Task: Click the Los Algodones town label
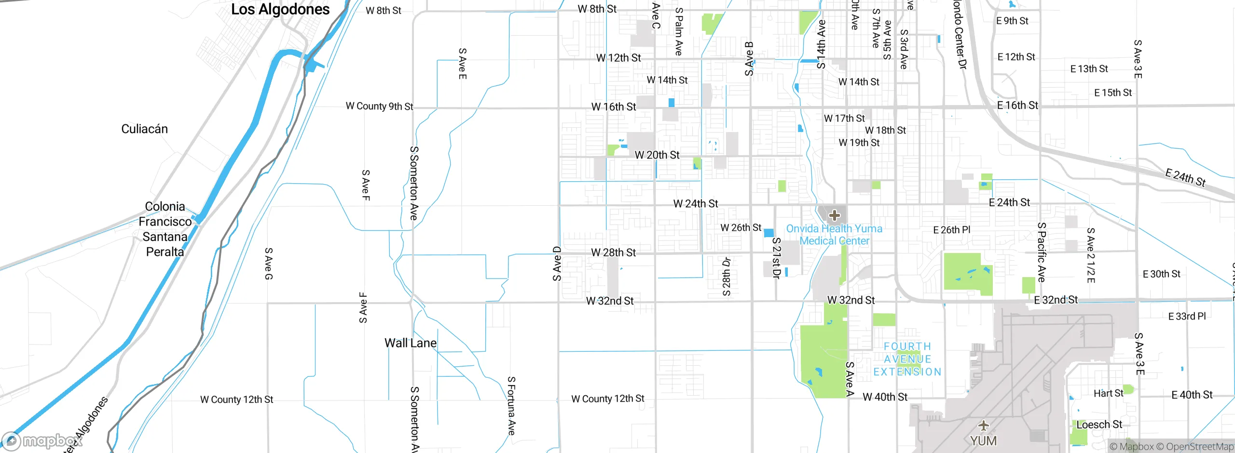tap(280, 10)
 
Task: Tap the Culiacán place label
tap(144, 129)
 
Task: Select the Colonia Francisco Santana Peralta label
tap(165, 229)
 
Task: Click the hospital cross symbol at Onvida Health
tap(835, 215)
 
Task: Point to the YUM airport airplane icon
tap(983, 426)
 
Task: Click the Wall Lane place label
tap(410, 343)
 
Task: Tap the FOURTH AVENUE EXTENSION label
tap(907, 359)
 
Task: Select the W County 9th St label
tap(379, 107)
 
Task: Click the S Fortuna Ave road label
tap(511, 406)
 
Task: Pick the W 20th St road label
tap(657, 155)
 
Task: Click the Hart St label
tap(1108, 393)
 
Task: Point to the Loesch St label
tap(1099, 425)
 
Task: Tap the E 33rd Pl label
tap(1187, 316)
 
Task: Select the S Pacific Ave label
tap(1042, 252)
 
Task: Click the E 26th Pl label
tap(951, 230)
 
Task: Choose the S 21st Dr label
tap(776, 258)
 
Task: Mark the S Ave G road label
tap(269, 264)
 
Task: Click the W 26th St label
tap(741, 227)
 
